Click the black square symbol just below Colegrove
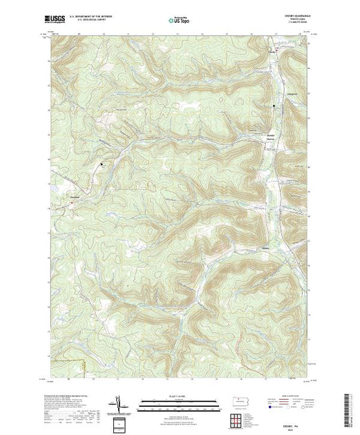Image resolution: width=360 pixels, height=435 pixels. pos(274,105)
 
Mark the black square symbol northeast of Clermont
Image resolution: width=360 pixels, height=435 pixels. pos(102,164)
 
